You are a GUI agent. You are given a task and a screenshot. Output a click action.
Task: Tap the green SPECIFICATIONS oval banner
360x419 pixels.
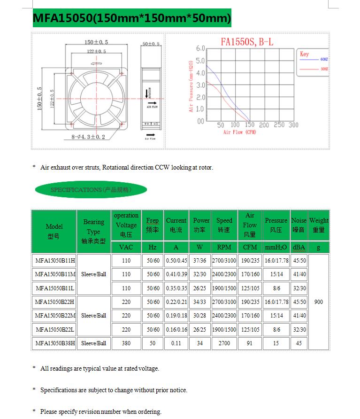91,190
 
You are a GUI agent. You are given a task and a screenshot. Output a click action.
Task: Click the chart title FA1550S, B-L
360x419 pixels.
247,42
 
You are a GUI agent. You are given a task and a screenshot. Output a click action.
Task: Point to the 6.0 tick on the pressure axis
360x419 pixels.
200,48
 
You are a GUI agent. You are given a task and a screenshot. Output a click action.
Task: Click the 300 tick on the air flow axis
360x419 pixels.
293,125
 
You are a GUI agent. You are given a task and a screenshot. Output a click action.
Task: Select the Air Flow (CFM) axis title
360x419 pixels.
239,132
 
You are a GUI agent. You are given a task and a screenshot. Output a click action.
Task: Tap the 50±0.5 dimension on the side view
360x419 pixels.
151,44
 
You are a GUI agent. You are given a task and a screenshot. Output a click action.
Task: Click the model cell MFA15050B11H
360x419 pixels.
55,261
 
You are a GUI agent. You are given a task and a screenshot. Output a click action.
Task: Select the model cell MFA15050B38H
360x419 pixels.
55,343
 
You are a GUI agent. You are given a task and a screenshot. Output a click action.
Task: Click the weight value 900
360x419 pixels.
319,302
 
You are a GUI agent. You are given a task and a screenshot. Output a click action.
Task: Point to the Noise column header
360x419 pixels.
299,225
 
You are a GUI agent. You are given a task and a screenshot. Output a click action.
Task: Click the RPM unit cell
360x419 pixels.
224,247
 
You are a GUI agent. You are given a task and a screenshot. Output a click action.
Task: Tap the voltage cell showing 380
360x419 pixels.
126,343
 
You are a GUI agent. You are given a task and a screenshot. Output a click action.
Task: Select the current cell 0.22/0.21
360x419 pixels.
176,302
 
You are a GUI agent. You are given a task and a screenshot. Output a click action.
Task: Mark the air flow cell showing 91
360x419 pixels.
249,343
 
